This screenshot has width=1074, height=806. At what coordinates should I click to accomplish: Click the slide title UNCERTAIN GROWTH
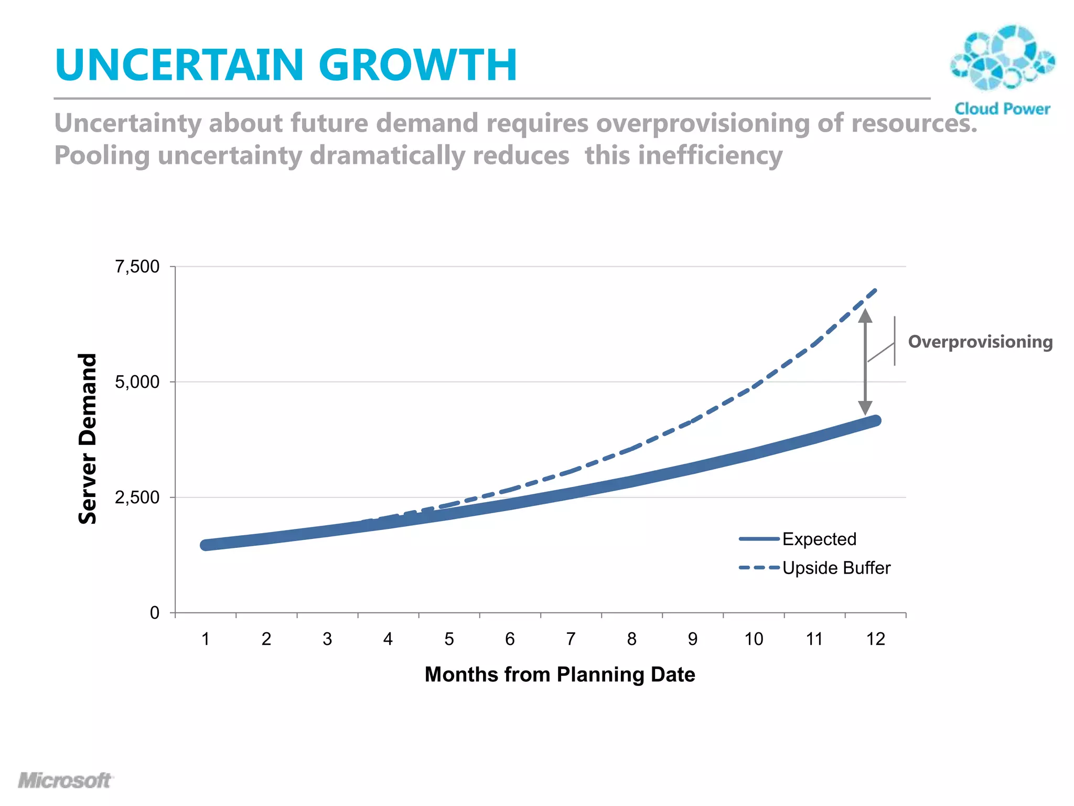coord(286,65)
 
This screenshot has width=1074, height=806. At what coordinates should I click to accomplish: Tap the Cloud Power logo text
coord(1002,109)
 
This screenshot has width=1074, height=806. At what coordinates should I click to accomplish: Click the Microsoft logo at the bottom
coord(65,780)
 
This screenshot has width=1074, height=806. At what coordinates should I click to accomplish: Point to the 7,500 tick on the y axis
coord(137,267)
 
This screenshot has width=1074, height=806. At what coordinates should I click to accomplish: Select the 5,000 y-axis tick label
coord(137,382)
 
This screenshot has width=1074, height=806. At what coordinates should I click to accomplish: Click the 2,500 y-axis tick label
coord(137,497)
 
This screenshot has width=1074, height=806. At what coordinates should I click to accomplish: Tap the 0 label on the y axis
coord(154,612)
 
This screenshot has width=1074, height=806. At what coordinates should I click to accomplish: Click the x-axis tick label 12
coord(875,639)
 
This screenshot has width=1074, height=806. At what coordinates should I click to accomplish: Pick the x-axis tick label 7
coord(571,639)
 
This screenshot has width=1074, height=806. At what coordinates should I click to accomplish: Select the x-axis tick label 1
coord(206,639)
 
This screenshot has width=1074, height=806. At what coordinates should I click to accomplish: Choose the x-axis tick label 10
coord(754,639)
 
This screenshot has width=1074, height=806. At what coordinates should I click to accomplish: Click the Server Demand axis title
coord(88,439)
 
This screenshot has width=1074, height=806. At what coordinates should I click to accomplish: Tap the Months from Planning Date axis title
coord(560,674)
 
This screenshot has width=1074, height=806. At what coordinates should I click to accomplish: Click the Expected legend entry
coord(819,539)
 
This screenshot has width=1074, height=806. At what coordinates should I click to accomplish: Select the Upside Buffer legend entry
coord(836,568)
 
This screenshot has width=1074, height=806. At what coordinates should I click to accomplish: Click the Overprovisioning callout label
coord(980,342)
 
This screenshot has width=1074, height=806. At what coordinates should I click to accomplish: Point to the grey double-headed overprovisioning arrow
coord(865,362)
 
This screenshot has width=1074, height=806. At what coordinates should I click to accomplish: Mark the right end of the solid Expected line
coord(875,420)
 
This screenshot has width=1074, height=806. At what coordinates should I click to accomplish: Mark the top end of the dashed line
coord(875,290)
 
